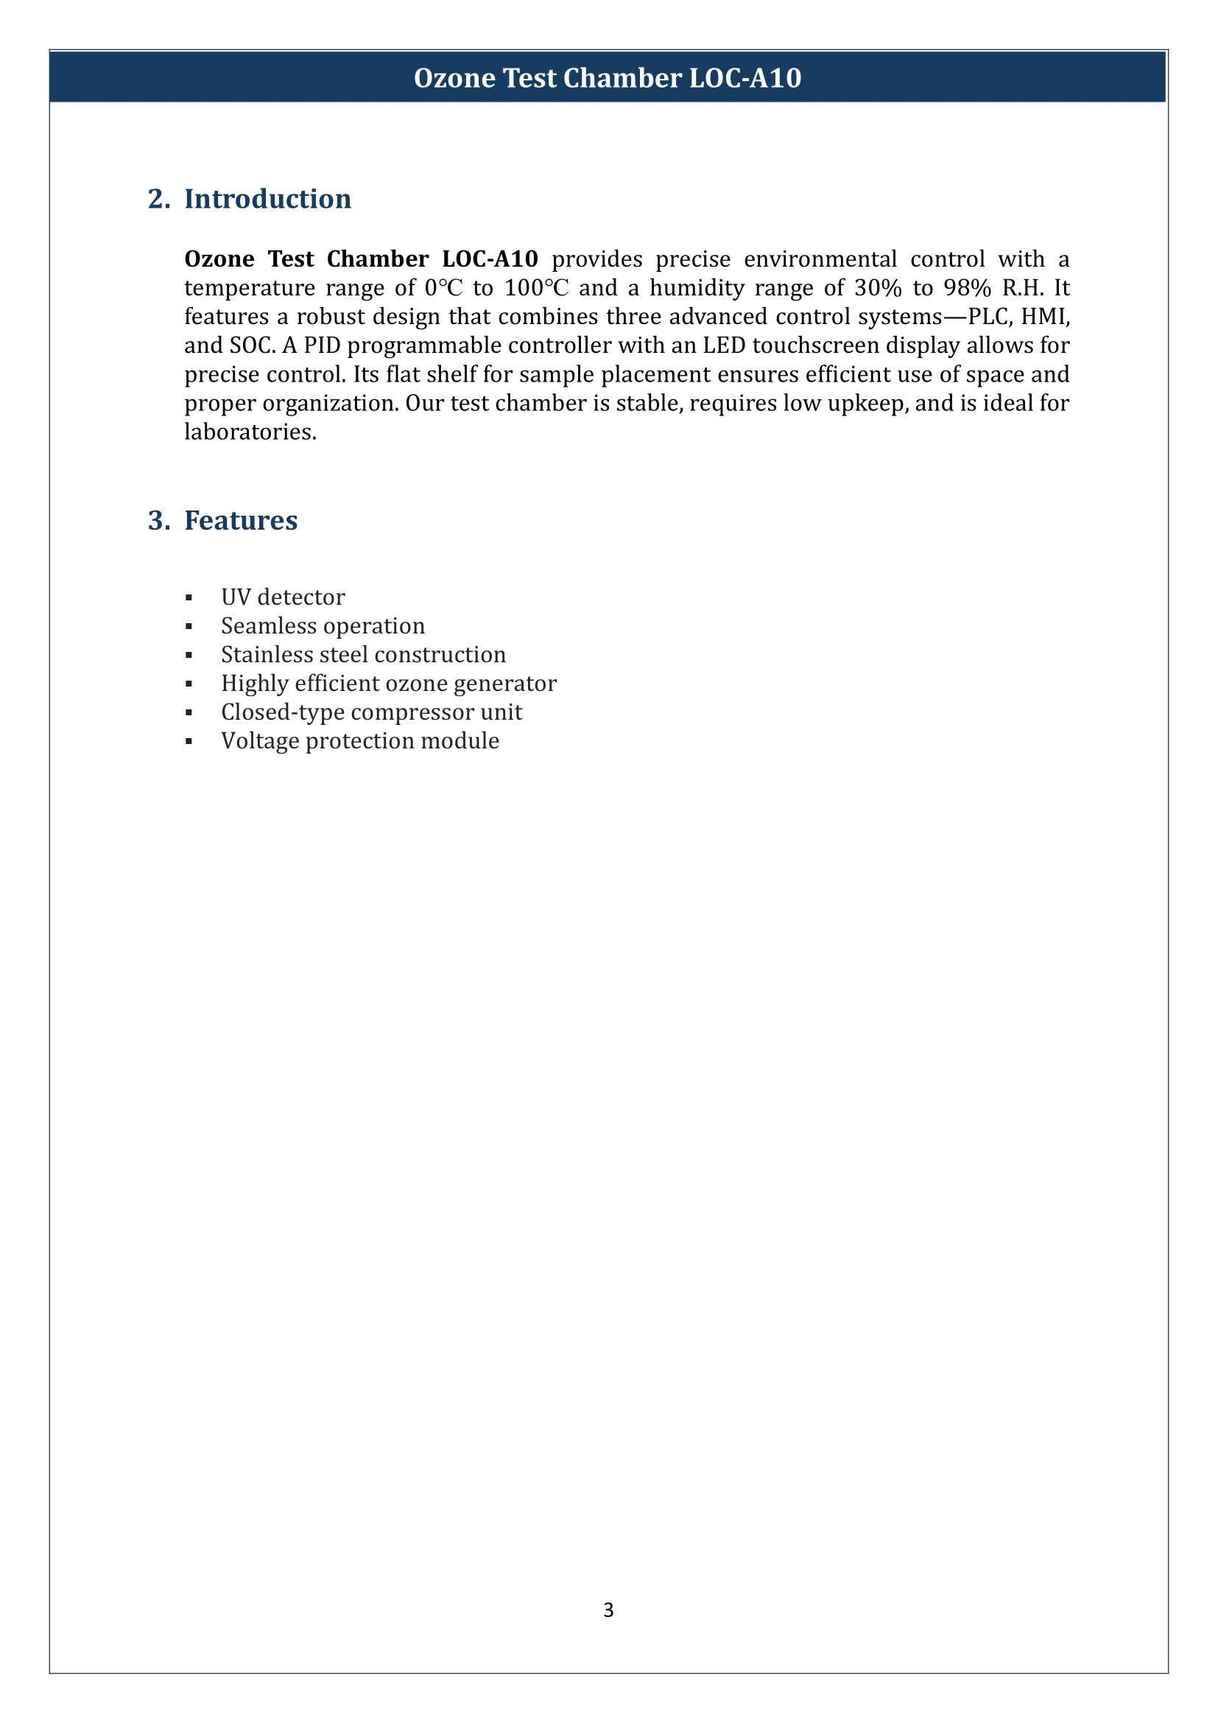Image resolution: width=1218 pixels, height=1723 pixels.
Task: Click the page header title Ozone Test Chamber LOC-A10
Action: click(x=608, y=78)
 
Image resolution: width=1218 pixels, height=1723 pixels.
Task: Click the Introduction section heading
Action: click(x=268, y=199)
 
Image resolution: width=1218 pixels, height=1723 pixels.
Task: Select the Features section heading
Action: click(x=241, y=520)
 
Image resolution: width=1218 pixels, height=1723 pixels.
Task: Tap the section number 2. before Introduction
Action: click(x=158, y=199)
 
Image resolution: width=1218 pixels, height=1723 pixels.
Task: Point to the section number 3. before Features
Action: click(x=158, y=520)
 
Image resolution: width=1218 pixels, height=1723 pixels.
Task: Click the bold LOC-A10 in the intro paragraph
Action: click(x=490, y=259)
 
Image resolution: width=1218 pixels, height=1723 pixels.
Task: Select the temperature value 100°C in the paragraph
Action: click(x=536, y=287)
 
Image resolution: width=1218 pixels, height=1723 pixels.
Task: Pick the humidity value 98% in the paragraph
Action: click(x=968, y=287)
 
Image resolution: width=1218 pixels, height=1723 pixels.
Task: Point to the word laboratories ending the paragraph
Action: click(x=250, y=432)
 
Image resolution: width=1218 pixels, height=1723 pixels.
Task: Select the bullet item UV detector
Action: click(x=283, y=597)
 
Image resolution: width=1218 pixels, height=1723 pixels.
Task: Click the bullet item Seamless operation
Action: click(x=323, y=626)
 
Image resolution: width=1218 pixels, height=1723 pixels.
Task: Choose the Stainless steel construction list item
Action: click(x=363, y=654)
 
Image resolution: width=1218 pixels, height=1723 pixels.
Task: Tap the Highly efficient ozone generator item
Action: click(x=389, y=684)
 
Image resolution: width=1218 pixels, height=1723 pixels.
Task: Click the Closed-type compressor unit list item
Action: click(x=371, y=712)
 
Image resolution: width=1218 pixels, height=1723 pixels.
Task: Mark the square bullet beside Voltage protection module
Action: click(x=189, y=742)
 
